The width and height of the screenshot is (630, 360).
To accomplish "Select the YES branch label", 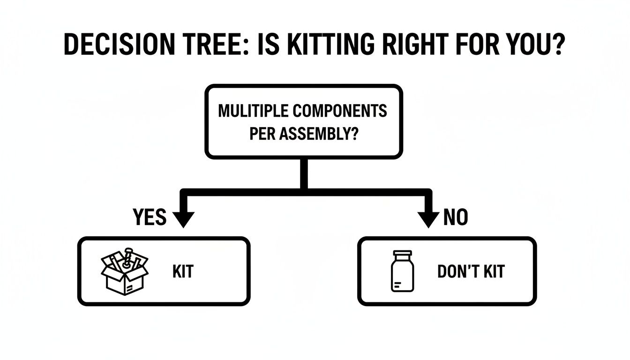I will tap(150, 217).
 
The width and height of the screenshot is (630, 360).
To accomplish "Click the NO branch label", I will tap(456, 217).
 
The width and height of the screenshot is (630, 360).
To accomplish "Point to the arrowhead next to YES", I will tap(184, 218).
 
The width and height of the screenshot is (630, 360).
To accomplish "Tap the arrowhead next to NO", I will tap(428, 218).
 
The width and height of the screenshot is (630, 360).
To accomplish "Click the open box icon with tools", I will tap(125, 272).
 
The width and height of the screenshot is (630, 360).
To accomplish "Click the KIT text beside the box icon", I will tap(183, 272).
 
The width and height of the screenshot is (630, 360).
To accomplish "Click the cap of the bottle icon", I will tap(403, 255).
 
